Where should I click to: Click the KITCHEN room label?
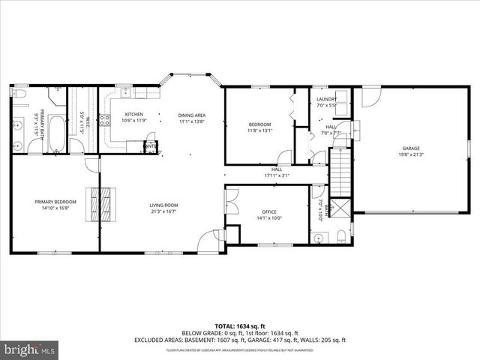pyautogui.click(x=123, y=115)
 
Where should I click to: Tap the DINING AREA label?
pyautogui.click(x=191, y=115)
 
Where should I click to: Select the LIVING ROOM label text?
pyautogui.click(x=163, y=205)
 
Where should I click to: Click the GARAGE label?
pyautogui.click(x=409, y=148)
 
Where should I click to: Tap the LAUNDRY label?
pyautogui.click(x=325, y=100)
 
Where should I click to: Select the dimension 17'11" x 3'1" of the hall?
pyautogui.click(x=277, y=176)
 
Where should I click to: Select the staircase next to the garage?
pyautogui.click(x=342, y=169)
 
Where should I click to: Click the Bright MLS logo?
pyautogui.click(x=30, y=349)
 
